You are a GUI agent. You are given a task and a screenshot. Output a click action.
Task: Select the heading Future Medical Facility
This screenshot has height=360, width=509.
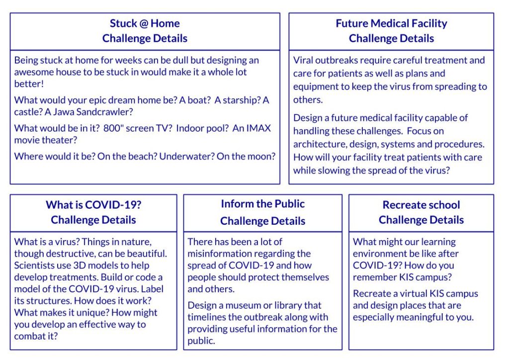[x=391, y=23]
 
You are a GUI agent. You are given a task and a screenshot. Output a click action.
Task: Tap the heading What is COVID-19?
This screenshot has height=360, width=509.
[x=93, y=205]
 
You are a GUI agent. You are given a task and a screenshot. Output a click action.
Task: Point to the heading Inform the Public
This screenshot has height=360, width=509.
[x=262, y=204]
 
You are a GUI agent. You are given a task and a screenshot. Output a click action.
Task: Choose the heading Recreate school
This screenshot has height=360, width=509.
[x=421, y=205]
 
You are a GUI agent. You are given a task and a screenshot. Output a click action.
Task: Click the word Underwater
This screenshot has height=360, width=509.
[x=186, y=157]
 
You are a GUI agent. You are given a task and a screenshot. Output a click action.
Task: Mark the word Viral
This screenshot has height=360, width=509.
[x=303, y=60]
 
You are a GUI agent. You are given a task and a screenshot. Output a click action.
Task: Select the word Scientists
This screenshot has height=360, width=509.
[x=34, y=266]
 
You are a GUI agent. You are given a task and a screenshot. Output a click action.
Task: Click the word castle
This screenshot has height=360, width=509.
[x=27, y=112]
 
